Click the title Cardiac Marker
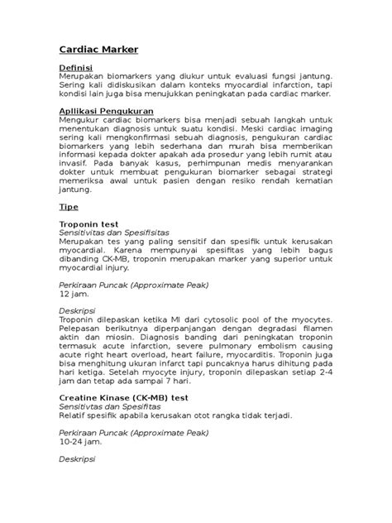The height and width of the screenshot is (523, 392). coord(98,49)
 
